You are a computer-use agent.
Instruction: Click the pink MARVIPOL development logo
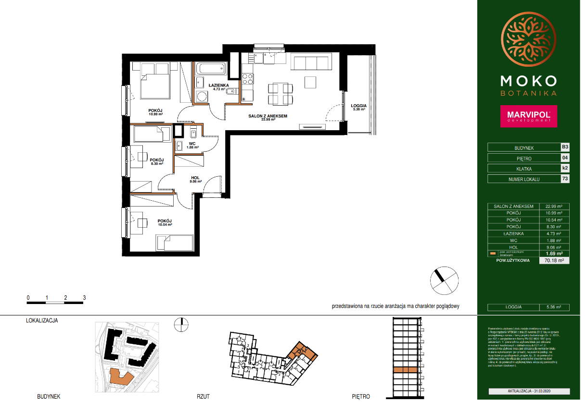point(528,116)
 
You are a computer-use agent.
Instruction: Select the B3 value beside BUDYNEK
point(565,147)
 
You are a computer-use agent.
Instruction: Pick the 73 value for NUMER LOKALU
point(565,179)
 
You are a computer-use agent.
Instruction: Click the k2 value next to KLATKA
point(565,168)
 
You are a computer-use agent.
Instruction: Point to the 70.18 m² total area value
point(553,260)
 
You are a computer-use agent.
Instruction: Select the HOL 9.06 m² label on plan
point(195,179)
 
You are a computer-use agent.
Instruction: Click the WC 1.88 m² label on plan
point(192,145)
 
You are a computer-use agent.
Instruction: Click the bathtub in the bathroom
point(210,69)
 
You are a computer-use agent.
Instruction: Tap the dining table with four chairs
point(280,94)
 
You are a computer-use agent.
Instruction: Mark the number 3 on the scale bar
point(84,298)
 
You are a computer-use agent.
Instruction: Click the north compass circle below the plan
point(444,280)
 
